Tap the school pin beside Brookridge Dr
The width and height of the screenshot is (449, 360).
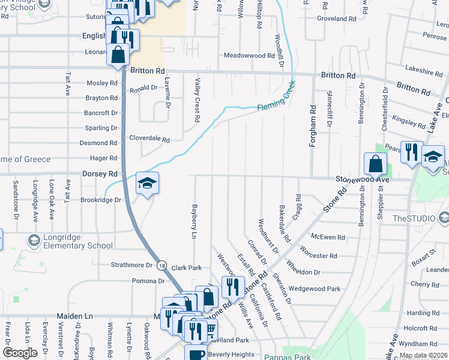point(146,184)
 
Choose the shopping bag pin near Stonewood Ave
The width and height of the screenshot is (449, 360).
point(375,163)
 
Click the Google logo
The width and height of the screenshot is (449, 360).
point(20,352)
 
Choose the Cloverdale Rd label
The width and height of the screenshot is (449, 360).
point(149,139)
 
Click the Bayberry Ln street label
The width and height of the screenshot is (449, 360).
point(194,220)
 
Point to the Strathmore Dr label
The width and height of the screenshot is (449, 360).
point(132,265)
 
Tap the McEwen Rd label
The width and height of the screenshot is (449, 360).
point(328,238)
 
